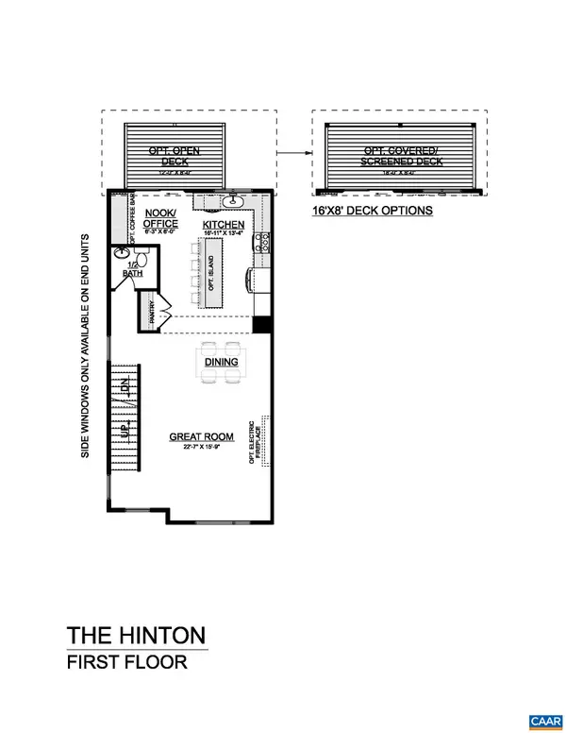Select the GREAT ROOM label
point(195,435)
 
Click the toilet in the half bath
point(120,252)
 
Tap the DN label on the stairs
point(122,384)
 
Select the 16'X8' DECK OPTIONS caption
point(372,211)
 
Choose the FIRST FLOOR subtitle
point(126,662)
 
